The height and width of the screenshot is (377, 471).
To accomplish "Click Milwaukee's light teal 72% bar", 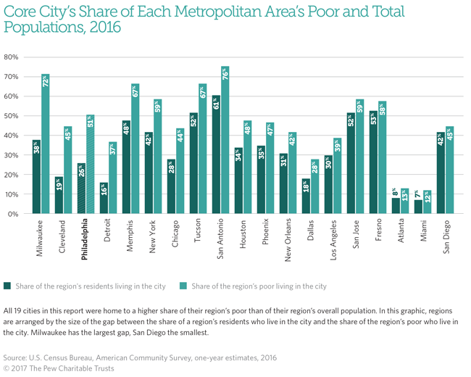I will pyautogui.click(x=46, y=144).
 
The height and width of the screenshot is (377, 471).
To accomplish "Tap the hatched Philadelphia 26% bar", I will pyautogui.click(x=81, y=188).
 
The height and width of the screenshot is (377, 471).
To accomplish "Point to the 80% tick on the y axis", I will pyautogui.click(x=11, y=57).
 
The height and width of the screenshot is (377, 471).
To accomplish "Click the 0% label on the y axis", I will pyautogui.click(x=12, y=214).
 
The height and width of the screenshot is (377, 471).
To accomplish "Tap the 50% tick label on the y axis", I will pyautogui.click(x=11, y=116).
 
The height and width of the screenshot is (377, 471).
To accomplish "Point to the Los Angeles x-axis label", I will pyautogui.click(x=333, y=239).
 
